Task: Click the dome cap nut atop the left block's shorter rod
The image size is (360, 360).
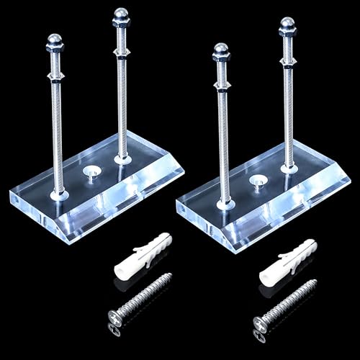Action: tap(55, 42)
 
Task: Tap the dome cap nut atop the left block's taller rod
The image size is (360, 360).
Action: tap(121, 17)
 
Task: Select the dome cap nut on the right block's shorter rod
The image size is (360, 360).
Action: tap(222, 53)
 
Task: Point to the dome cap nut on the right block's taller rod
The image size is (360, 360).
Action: tap(287, 27)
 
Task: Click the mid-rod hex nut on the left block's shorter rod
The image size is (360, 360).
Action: tap(56, 74)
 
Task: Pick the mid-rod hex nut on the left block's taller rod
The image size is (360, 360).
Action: tap(122, 53)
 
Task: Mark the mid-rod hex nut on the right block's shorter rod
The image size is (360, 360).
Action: tap(222, 85)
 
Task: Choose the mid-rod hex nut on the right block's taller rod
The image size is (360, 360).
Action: tap(288, 61)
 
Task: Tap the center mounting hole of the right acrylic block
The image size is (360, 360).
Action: tap(256, 182)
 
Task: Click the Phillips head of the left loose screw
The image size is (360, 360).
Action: tap(115, 316)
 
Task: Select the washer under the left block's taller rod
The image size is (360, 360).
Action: tap(123, 158)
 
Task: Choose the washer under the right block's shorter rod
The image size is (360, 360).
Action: tap(225, 204)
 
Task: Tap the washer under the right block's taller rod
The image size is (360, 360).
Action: tap(289, 168)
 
